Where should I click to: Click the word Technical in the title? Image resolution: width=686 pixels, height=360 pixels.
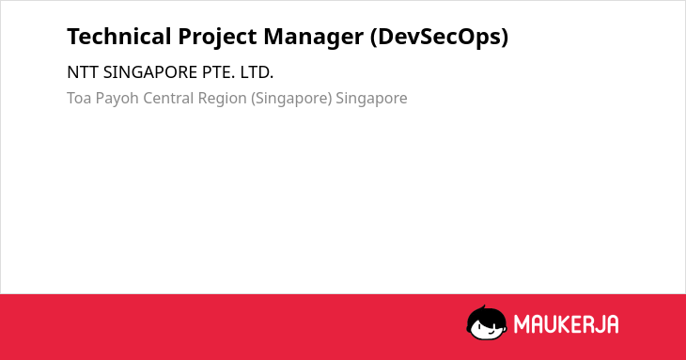(x=119, y=37)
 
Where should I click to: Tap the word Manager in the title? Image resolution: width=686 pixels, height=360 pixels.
(x=313, y=38)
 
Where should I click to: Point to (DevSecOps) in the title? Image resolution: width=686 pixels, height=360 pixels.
(x=439, y=38)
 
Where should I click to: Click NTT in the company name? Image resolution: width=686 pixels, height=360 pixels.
(x=83, y=72)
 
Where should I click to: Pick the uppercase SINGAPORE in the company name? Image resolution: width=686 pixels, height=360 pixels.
(x=150, y=72)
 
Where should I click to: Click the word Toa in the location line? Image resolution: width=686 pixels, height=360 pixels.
(x=79, y=98)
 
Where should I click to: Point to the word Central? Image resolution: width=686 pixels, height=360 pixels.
(x=168, y=98)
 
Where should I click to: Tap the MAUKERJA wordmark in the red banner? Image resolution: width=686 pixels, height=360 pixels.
(x=566, y=324)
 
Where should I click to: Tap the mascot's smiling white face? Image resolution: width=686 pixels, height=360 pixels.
(x=489, y=330)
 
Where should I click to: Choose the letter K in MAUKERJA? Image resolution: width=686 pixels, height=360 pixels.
(x=558, y=324)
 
